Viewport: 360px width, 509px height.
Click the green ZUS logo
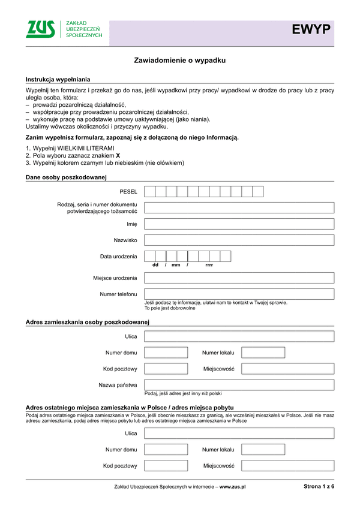40,29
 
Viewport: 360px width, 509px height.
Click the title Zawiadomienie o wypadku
179,61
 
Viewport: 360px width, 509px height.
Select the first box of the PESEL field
150,192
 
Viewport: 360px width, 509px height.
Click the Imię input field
239,224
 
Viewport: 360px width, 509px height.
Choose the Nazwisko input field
239,240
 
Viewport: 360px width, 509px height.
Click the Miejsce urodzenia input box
239,278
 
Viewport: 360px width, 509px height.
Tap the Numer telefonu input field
239,294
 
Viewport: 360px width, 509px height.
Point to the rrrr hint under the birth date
209,265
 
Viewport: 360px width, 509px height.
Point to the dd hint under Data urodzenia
155,265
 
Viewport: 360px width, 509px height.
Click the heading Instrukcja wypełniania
58,80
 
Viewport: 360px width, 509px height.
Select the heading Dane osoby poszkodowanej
66,177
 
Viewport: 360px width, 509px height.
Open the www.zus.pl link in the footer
233,487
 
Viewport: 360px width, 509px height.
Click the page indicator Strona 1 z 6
318,487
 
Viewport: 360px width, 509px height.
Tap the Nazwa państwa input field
239,385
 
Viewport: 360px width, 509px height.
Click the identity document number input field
239,208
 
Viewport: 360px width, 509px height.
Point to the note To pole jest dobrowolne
170,308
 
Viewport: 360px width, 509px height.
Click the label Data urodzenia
118,257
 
